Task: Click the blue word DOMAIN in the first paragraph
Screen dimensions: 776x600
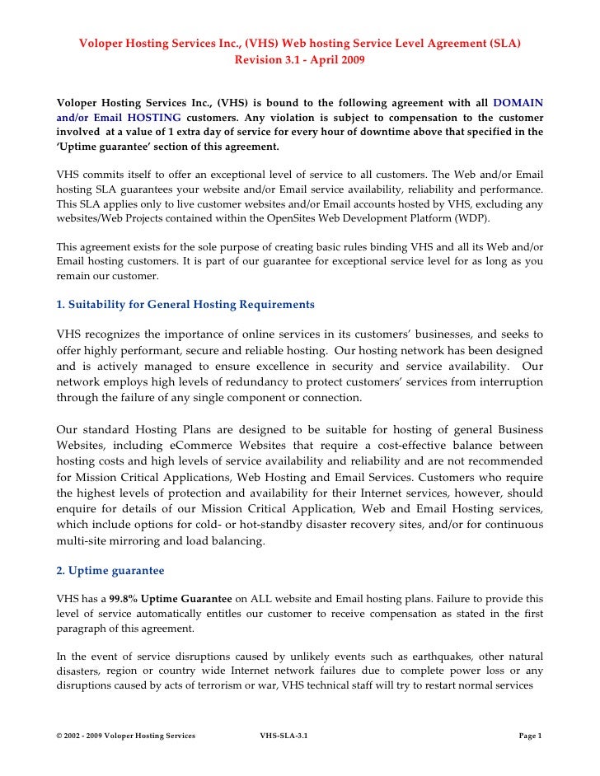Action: tap(518, 102)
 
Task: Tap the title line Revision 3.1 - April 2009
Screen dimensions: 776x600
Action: tap(299, 60)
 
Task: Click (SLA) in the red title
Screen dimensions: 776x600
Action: tap(504, 44)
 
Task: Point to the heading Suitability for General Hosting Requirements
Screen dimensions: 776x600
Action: tap(185, 304)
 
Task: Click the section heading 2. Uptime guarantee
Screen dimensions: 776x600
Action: tap(110, 570)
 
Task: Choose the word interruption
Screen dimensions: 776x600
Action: tap(504, 381)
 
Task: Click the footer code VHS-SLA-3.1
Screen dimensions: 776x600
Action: tap(284, 735)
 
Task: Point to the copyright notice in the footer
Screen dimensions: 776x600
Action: tap(126, 735)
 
